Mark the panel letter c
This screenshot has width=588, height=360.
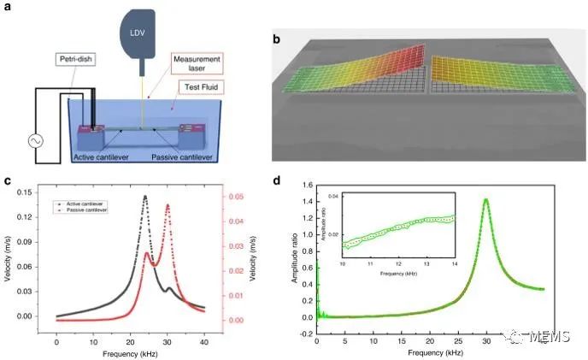8,181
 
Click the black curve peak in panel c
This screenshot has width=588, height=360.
144,197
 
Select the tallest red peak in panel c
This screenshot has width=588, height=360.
168,205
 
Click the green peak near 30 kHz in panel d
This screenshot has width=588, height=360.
486,200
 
